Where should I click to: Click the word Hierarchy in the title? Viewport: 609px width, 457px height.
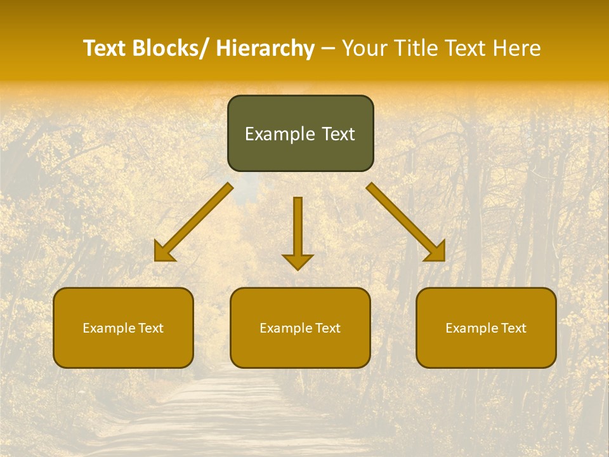pos(265,49)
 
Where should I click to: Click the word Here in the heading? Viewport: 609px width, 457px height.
pos(518,48)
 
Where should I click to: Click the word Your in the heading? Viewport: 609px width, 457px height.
pos(364,48)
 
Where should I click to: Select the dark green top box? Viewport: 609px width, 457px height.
pos(300,133)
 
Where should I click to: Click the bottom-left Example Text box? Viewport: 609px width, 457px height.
pos(123,328)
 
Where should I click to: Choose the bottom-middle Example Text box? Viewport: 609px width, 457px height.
pos(300,328)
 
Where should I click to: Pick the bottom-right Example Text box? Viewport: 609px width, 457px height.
pos(486,328)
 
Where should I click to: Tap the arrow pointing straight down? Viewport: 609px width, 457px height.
pos(298,228)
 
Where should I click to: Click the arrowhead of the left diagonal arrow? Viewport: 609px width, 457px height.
pos(163,253)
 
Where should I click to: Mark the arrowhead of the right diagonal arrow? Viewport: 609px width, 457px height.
pos(436,252)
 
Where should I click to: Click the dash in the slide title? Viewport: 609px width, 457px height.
pos(328,49)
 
